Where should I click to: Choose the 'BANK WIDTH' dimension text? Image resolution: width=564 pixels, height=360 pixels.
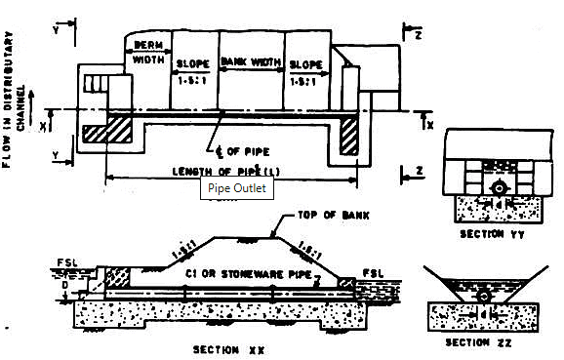(251, 62)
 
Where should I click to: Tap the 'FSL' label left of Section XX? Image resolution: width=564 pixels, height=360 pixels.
(64, 262)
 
